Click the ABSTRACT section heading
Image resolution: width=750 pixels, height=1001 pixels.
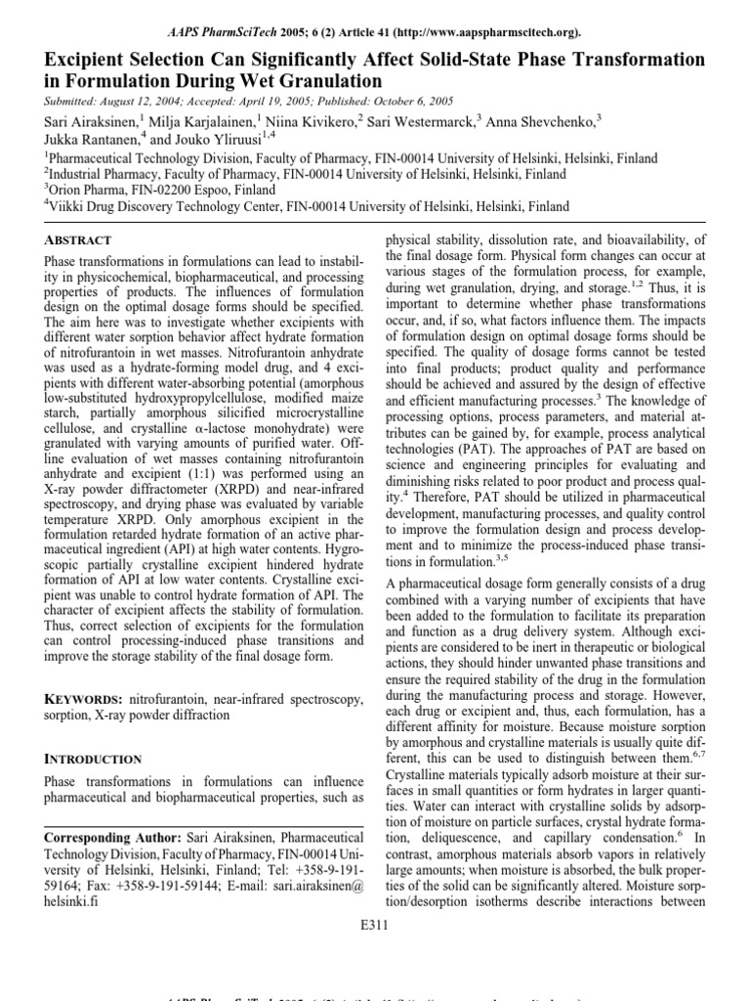(x=78, y=239)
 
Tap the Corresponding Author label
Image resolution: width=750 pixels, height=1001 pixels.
(x=112, y=838)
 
